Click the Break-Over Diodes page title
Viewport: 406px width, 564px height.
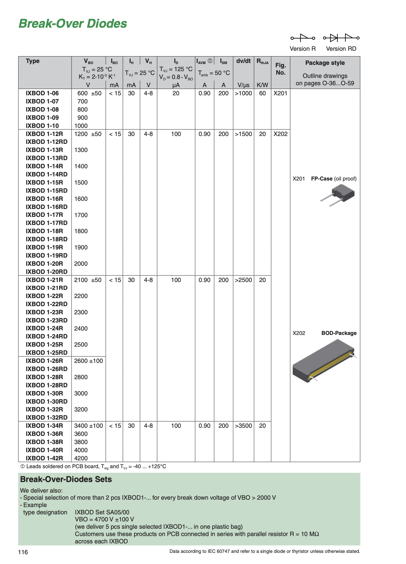pyautogui.click(x=73, y=24)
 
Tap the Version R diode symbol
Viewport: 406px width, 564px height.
pyautogui.click(x=303, y=38)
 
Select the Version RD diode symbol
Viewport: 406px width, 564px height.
pyautogui.click(x=341, y=38)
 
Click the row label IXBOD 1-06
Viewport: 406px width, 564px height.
pyautogui.click(x=42, y=93)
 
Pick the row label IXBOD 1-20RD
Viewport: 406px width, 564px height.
pyautogui.click(x=47, y=272)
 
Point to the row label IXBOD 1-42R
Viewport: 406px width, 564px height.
pyautogui.click(x=44, y=458)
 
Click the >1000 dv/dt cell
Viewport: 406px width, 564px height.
pyautogui.click(x=243, y=93)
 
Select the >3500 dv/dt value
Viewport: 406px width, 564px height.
pyautogui.click(x=243, y=426)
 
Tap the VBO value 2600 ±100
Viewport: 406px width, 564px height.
pyautogui.click(x=89, y=361)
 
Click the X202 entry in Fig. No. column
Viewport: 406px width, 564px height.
pyautogui.click(x=281, y=134)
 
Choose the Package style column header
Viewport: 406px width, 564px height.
pyautogui.click(x=325, y=63)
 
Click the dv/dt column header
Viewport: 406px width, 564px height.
pyautogui.click(x=243, y=61)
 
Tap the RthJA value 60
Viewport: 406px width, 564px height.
pyautogui.click(x=262, y=93)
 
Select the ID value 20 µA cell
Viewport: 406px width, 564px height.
pyautogui.click(x=176, y=93)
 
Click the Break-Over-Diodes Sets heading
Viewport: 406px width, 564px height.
pyautogui.click(x=66, y=479)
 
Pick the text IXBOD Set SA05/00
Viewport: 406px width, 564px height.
pyautogui.click(x=102, y=512)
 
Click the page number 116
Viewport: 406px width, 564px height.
pyautogui.click(x=23, y=552)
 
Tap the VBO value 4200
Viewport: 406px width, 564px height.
pyautogui.click(x=81, y=458)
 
